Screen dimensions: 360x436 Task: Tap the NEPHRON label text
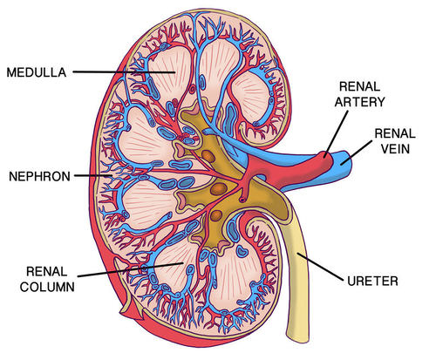[37, 175]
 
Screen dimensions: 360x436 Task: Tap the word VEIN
[390, 147]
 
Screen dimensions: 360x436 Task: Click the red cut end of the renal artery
[325, 162]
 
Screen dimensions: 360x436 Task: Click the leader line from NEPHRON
[87, 175]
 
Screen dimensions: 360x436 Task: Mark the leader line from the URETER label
[326, 269]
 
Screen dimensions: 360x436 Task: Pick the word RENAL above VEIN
[390, 133]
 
